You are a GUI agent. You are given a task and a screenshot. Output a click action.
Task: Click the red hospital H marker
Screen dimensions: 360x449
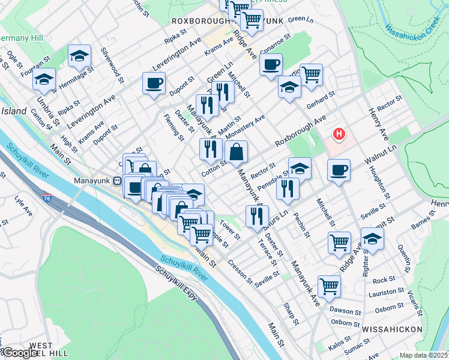[x=339, y=134]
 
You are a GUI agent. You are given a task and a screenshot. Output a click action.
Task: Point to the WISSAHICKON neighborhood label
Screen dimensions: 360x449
[x=386, y=329]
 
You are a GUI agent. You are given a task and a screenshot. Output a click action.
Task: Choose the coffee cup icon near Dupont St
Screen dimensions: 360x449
[x=154, y=83]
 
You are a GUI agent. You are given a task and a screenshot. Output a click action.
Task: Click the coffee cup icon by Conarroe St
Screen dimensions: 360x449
[x=271, y=64]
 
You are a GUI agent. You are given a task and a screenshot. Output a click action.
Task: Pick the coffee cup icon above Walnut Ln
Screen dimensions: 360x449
[x=339, y=170]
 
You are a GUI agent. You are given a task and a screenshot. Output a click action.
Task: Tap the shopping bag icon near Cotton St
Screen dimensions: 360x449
[x=237, y=152]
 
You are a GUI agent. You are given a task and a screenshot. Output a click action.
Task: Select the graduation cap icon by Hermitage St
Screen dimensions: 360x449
[x=79, y=56]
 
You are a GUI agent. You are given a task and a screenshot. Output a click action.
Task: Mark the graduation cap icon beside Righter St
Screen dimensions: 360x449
[x=372, y=239]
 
